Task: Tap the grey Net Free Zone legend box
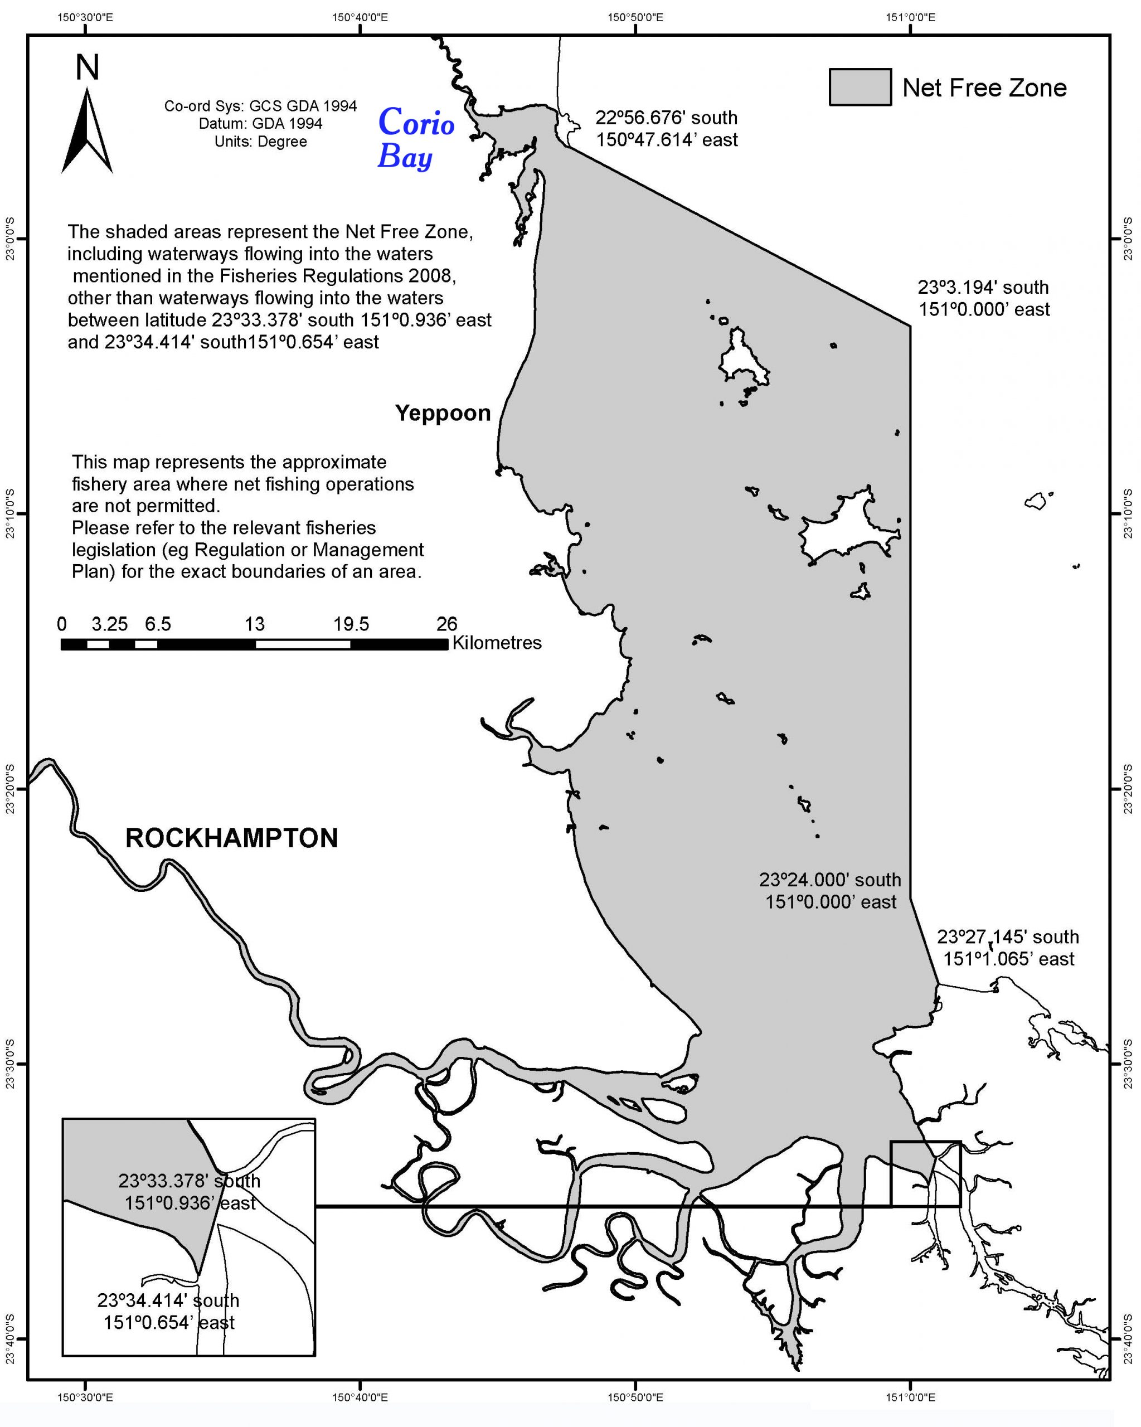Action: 860,88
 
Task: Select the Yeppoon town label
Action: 443,413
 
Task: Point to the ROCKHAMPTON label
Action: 232,838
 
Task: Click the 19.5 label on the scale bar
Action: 351,624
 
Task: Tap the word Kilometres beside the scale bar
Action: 497,643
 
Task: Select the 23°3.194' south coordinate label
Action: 983,287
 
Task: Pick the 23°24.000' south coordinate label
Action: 830,880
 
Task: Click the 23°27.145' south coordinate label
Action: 1007,936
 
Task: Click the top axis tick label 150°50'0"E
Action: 635,17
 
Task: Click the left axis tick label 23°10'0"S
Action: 10,513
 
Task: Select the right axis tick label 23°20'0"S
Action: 1128,788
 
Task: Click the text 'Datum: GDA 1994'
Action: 260,124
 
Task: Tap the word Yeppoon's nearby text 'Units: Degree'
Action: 260,142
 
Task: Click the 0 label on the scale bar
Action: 61,624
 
